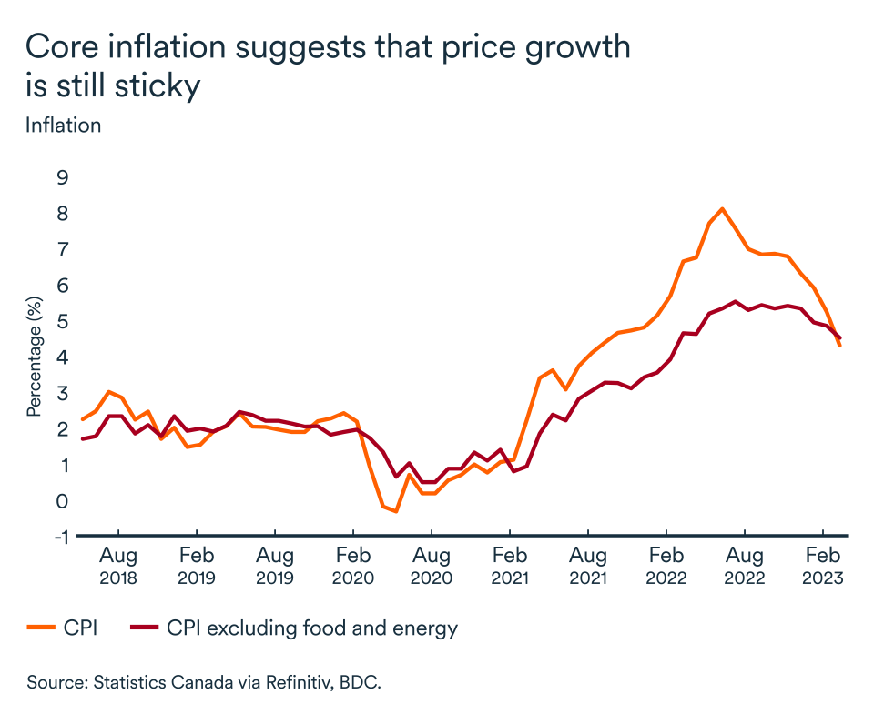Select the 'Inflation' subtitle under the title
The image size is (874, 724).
coord(63,125)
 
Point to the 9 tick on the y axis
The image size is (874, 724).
coord(63,176)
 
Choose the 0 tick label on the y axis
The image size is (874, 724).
coord(63,500)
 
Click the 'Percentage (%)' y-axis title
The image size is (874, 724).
coord(35,356)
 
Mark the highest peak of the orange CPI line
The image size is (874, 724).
coord(722,209)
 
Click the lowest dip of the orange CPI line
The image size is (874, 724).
coord(396,511)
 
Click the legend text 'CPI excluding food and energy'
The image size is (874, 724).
coord(311,628)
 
